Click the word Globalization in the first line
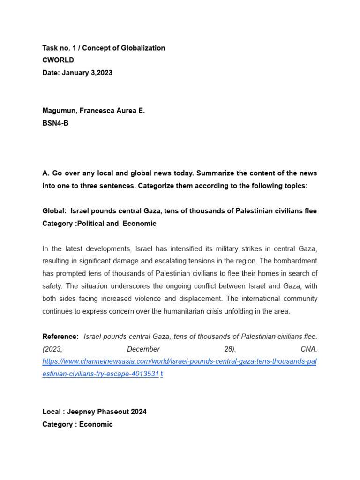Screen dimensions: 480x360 coord(144,48)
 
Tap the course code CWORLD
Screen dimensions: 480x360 coord(58,60)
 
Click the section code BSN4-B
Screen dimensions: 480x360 coord(55,123)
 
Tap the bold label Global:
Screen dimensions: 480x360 coord(54,211)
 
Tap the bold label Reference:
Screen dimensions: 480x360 coord(60,337)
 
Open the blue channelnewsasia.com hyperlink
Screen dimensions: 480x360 coord(179,362)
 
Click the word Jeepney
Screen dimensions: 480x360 coord(82,412)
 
